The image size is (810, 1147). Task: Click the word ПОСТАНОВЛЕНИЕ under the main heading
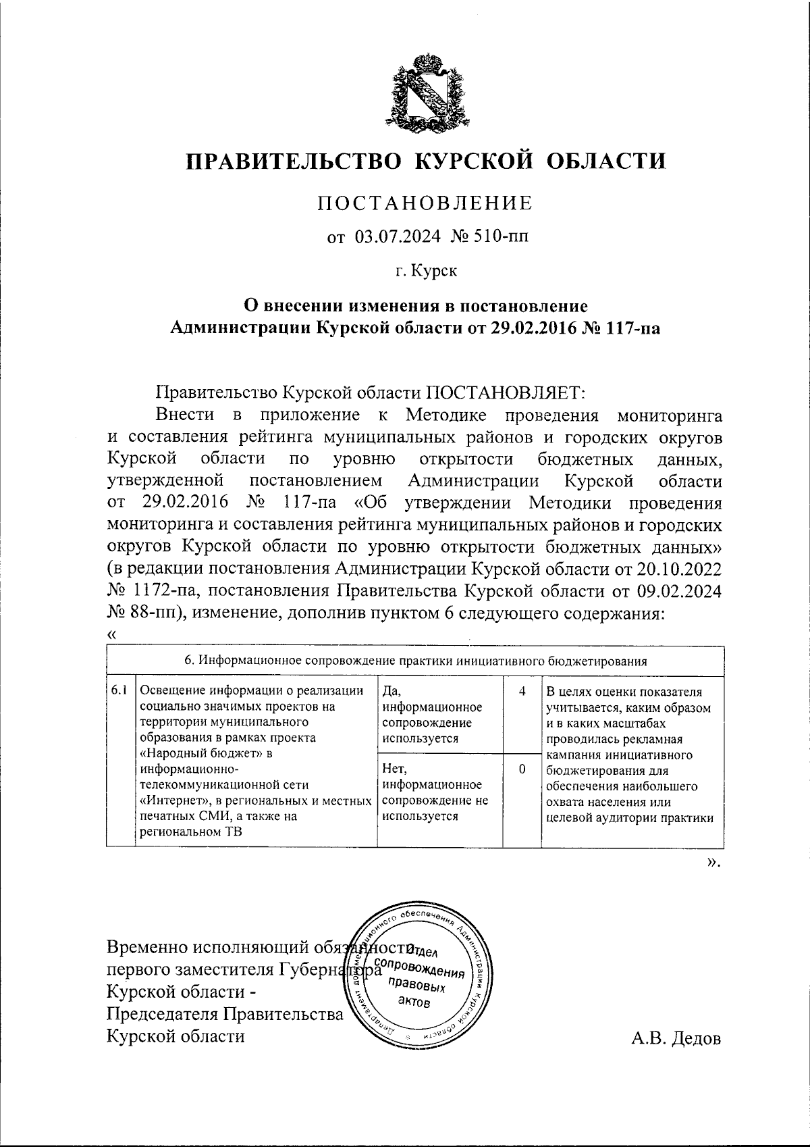tap(425, 203)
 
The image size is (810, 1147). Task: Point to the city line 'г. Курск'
tap(425, 272)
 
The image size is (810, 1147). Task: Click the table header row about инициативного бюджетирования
tap(416, 661)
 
